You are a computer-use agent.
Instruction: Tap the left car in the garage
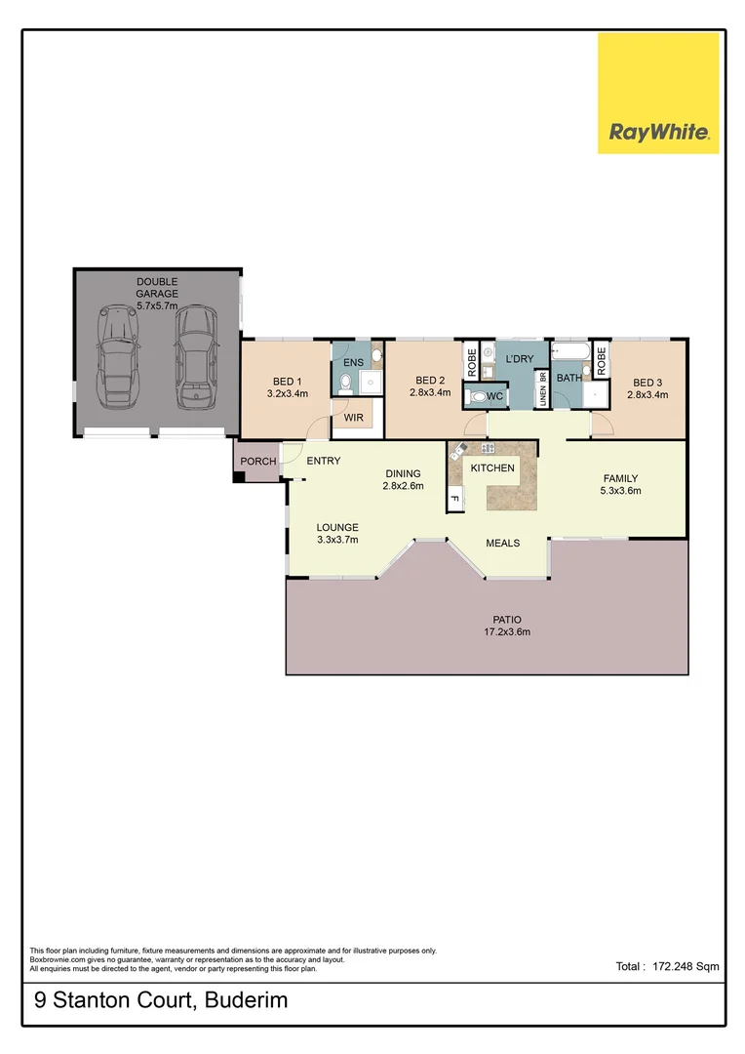(118, 359)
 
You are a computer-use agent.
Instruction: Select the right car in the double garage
(195, 358)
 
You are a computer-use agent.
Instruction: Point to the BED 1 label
(287, 382)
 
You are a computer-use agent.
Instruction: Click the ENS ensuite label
(352, 362)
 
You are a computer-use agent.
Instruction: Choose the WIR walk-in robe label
(351, 419)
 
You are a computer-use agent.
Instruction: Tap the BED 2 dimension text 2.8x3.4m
(430, 393)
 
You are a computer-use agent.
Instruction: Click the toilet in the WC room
(477, 397)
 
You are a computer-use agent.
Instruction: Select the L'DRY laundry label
(519, 359)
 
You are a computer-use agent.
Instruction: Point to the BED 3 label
(647, 383)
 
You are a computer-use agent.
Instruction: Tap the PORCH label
(258, 462)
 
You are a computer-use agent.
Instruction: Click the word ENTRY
(323, 461)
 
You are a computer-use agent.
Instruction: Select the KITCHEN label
(492, 468)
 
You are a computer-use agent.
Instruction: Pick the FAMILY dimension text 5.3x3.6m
(620, 491)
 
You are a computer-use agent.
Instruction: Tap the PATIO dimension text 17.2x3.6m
(505, 631)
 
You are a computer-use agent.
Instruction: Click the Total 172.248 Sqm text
(667, 966)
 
